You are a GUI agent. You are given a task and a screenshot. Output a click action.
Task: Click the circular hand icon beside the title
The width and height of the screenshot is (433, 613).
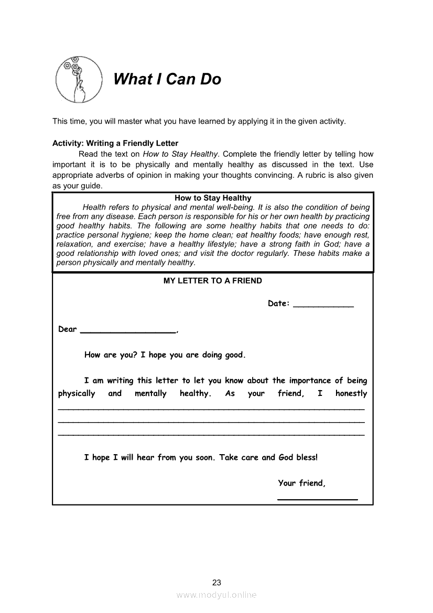pos(79,79)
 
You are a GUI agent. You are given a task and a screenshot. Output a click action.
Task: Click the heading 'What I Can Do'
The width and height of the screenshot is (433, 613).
pos(167,79)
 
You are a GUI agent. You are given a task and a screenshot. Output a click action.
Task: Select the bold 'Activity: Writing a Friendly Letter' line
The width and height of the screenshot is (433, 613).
pos(115,143)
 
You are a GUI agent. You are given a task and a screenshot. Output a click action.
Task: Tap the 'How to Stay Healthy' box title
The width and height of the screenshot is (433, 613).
pos(213,198)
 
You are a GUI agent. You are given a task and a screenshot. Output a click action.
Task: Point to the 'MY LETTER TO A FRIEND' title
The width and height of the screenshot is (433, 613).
pos(213,281)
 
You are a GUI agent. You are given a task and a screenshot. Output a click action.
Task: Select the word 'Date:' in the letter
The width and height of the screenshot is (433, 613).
pos(278,303)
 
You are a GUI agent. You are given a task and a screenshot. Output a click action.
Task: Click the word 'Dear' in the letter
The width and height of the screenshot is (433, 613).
pos(68,329)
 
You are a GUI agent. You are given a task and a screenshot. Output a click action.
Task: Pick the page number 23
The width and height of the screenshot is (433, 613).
pos(217,582)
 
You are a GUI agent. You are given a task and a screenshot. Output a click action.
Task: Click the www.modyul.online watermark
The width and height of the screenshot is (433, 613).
pos(216,595)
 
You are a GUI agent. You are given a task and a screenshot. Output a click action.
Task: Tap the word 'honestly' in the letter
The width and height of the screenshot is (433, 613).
pos(351,393)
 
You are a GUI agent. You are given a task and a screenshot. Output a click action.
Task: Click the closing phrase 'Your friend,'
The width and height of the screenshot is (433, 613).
pos(301,483)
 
